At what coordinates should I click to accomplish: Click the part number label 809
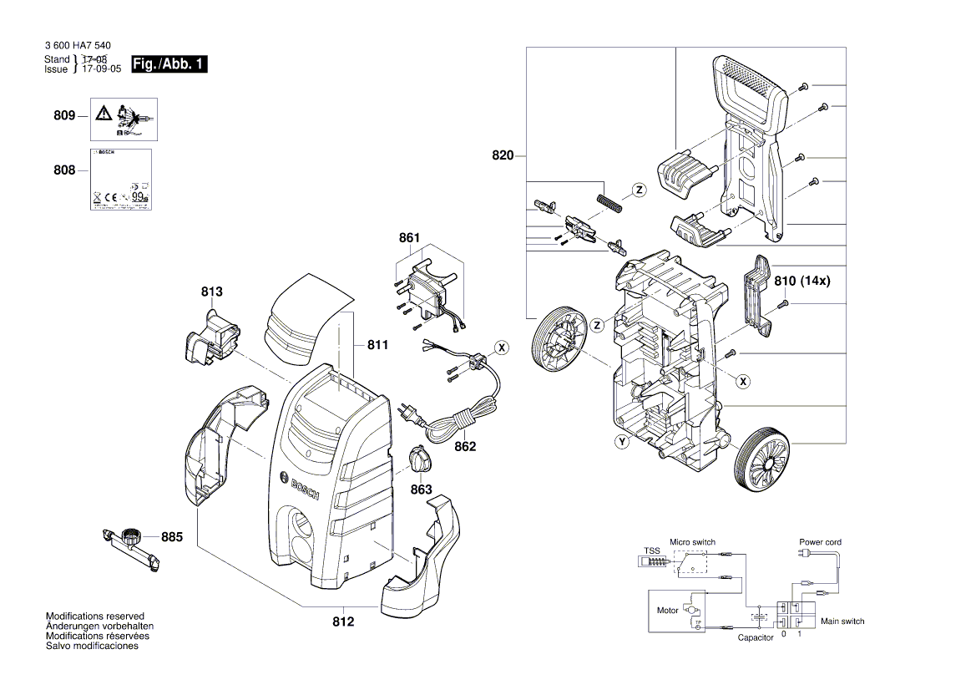click(x=64, y=116)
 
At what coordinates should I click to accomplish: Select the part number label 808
click(x=64, y=170)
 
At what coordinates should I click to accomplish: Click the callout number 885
click(x=171, y=538)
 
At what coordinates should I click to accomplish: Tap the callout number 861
click(x=409, y=238)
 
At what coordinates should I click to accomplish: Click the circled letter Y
click(x=621, y=442)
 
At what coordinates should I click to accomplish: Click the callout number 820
click(x=503, y=155)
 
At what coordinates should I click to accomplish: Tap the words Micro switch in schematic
click(x=692, y=542)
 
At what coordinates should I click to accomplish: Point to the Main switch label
click(x=842, y=622)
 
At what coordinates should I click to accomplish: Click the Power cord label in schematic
click(x=820, y=542)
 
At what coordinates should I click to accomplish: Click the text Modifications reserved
click(x=95, y=616)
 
